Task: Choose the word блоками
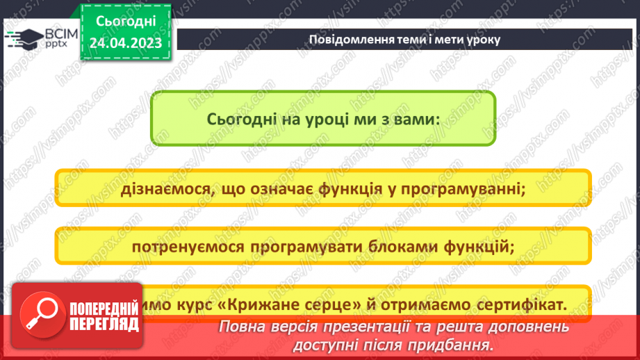[383, 246]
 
